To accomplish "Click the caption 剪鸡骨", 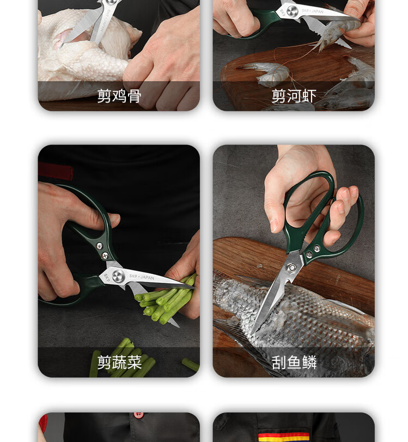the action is (x=119, y=96).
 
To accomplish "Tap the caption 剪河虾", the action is (x=294, y=96).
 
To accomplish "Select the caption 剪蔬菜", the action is (x=119, y=362).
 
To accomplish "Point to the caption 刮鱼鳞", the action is (x=294, y=362).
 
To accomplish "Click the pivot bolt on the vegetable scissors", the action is (x=118, y=276).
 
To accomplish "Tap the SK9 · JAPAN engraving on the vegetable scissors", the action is (x=142, y=277).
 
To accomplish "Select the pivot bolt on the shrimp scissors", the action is (x=293, y=11).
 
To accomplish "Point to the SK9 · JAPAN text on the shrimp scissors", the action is (x=313, y=11).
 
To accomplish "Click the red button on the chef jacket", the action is (x=138, y=415).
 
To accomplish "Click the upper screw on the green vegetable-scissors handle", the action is (x=100, y=246).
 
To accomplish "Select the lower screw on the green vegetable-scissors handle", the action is (x=105, y=256).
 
